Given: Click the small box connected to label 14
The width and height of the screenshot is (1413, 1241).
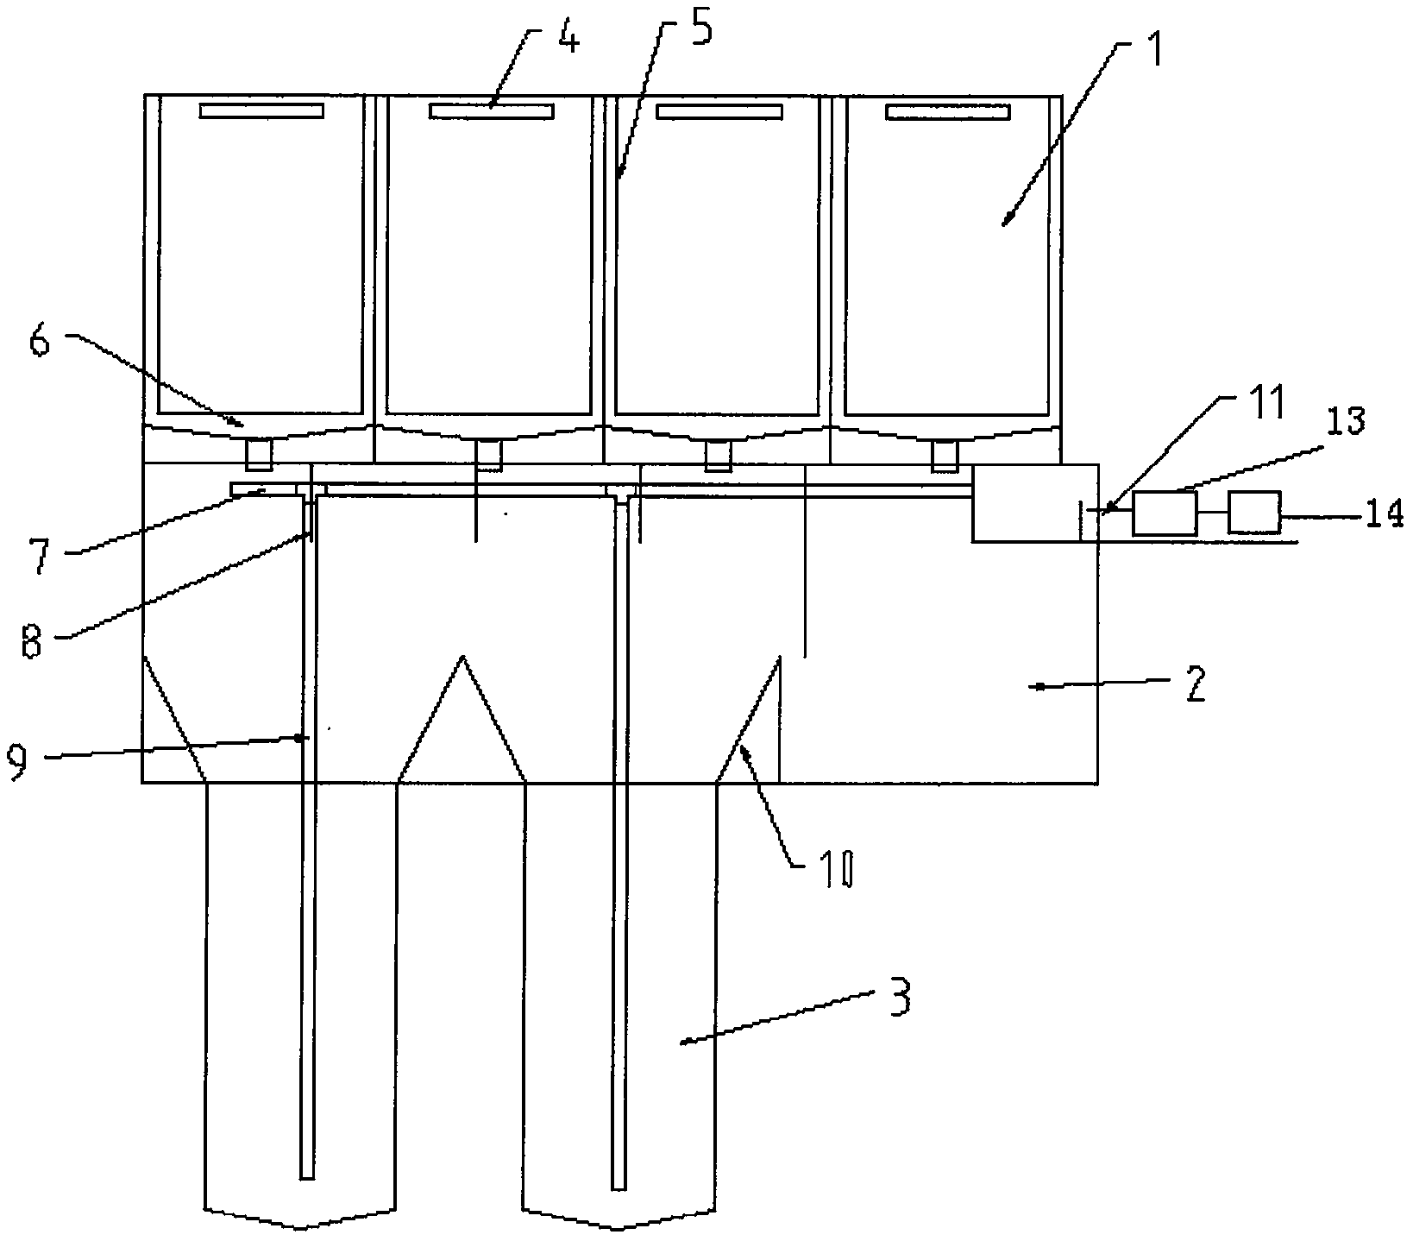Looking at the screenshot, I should pos(1254,513).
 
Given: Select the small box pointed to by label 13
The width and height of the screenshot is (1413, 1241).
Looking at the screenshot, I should pos(1164,513).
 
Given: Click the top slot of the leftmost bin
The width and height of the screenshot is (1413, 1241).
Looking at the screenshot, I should pos(261,110).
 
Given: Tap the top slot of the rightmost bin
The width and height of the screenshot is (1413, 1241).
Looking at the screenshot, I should pos(947,111).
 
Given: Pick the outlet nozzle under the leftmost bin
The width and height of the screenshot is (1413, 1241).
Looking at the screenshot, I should pos(260,455).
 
